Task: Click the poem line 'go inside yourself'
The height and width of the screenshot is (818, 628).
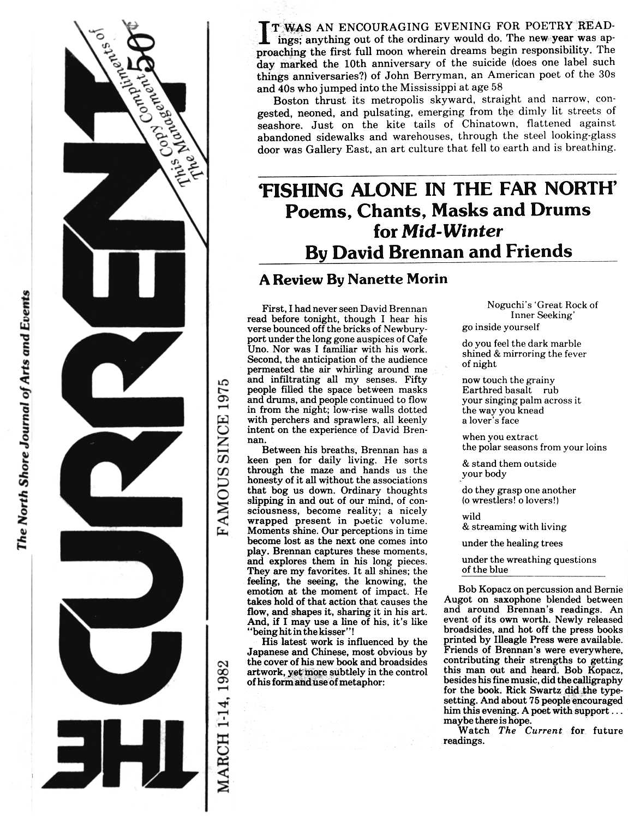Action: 500,327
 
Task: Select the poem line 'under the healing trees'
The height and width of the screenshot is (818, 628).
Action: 504,543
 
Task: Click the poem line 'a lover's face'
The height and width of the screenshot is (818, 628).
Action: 490,420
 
